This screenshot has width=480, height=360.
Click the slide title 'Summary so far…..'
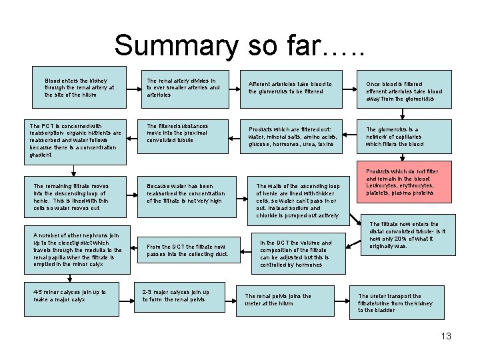(239, 45)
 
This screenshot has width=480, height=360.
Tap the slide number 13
(445, 336)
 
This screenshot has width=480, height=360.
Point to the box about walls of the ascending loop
(299, 201)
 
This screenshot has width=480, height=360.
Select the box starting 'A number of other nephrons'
(77, 249)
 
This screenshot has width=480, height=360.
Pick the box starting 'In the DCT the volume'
(298, 253)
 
